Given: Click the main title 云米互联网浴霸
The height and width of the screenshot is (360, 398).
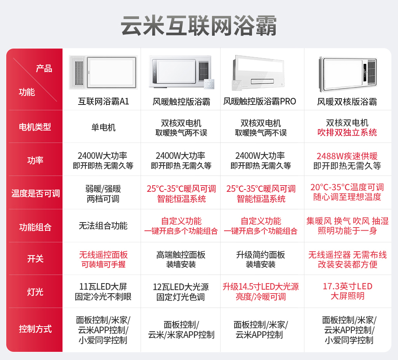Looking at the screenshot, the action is point(199,26).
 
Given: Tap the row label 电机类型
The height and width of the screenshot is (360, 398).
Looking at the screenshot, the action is point(35,127).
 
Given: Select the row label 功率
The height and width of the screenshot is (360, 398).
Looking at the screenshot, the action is point(35,160).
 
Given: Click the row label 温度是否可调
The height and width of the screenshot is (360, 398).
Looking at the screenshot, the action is point(35,193).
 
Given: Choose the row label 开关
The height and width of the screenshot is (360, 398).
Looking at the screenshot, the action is point(35,259).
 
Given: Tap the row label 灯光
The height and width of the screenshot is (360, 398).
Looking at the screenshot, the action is point(35,292).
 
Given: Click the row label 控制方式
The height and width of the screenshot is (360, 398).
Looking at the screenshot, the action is point(35,329).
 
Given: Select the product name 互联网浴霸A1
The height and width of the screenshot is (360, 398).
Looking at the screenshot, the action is point(103,102).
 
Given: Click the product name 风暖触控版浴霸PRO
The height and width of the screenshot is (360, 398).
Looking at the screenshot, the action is point(260,102).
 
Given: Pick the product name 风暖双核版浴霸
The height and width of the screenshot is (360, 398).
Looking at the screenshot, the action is point(347,102).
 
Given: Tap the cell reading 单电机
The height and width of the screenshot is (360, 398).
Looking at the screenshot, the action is point(103,127).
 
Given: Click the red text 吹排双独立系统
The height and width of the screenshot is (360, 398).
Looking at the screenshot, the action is point(347,132).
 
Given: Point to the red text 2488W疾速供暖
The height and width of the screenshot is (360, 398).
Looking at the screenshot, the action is point(347,156).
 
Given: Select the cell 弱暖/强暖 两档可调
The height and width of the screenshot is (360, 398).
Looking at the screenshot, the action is point(103,194).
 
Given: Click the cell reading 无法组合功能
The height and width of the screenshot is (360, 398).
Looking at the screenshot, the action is point(103,226).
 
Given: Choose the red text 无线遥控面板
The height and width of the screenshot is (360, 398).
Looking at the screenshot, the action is point(103,255).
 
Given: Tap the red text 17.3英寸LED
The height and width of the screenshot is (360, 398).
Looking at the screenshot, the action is point(347,287).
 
